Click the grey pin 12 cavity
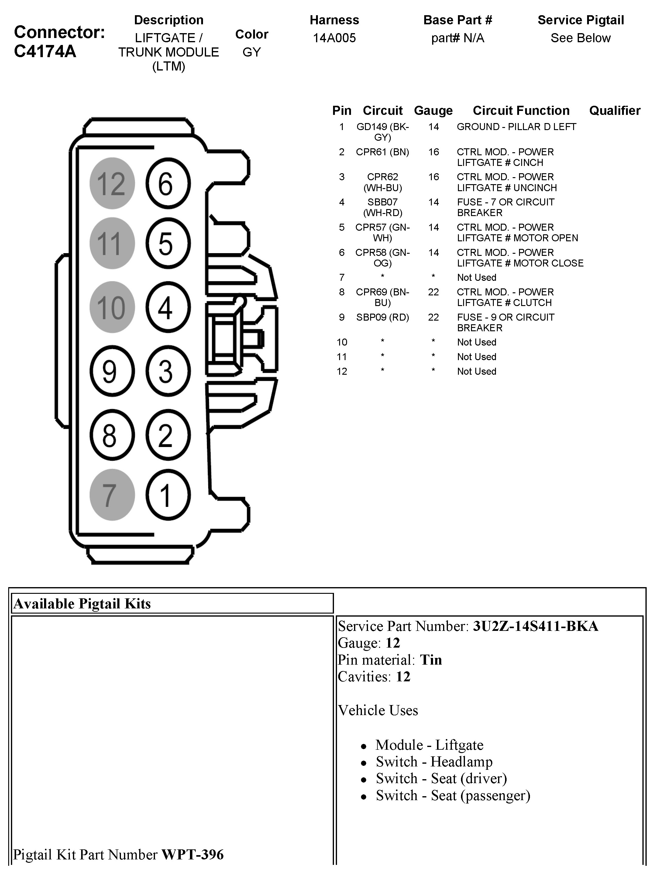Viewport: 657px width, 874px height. [x=112, y=183]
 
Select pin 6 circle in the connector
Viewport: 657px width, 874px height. [x=168, y=183]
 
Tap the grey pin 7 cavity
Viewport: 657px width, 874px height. [x=112, y=495]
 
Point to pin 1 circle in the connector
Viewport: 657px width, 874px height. [x=168, y=495]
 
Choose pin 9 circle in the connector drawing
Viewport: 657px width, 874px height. [x=112, y=371]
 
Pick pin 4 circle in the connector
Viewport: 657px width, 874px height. [x=168, y=307]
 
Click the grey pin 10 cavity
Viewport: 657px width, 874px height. [x=112, y=307]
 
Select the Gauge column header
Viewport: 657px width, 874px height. [x=433, y=111]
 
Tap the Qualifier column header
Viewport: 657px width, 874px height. [x=614, y=111]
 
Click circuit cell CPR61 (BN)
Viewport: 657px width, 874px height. [x=382, y=152]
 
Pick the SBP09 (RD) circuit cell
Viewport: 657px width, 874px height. [x=382, y=317]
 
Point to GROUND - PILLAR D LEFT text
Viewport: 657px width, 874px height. [x=516, y=127]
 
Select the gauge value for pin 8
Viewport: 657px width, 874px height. [x=433, y=292]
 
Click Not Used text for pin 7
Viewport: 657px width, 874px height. [x=476, y=277]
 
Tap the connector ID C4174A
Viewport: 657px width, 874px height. [x=45, y=52]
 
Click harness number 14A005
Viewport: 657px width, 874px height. [x=334, y=38]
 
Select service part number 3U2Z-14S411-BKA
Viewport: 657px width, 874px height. [x=535, y=626]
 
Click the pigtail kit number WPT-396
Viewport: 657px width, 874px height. [x=192, y=854]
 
